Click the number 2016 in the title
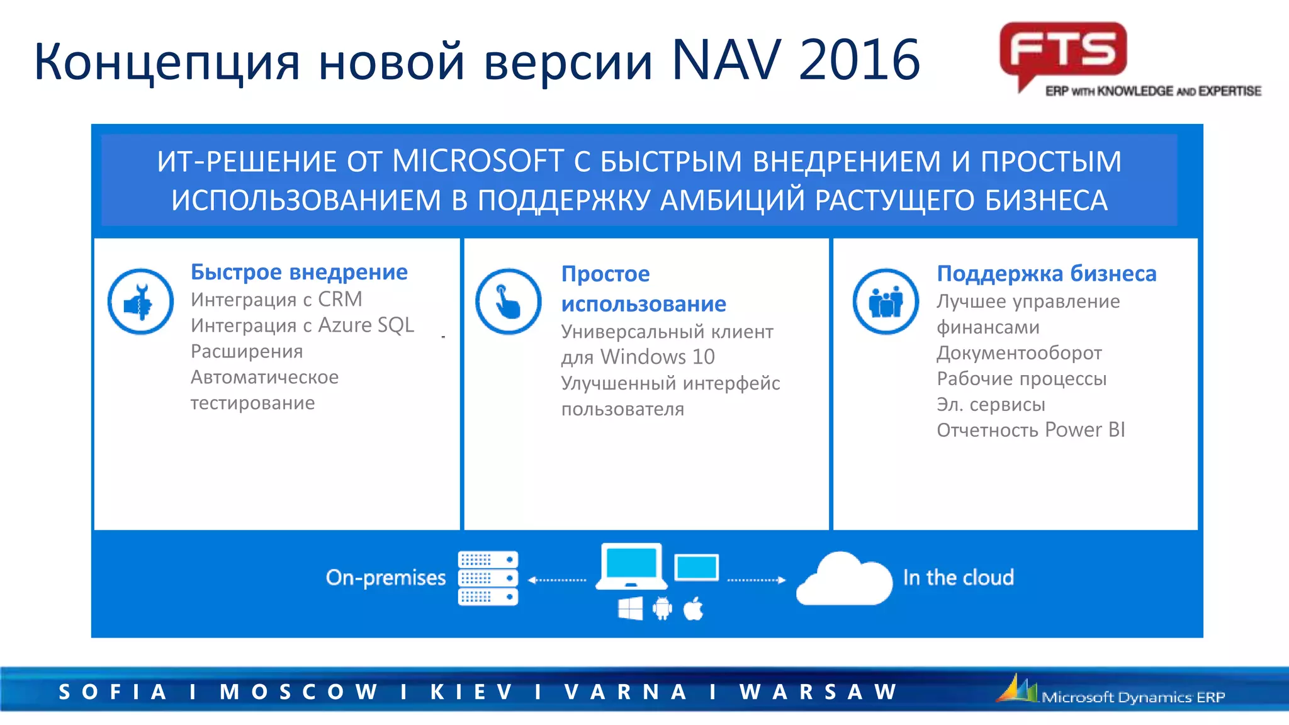[859, 60]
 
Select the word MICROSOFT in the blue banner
[478, 161]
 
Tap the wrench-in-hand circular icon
[140, 302]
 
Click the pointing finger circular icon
[508, 302]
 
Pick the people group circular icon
[886, 302]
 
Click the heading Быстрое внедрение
[299, 272]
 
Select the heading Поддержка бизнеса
[1046, 274]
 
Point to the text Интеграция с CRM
[276, 300]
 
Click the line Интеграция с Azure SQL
[302, 325]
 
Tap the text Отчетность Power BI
[1030, 430]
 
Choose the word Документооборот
[1019, 353]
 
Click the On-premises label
[385, 578]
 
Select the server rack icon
[488, 578]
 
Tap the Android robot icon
[662, 609]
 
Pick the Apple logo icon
[693, 609]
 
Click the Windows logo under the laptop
[630, 609]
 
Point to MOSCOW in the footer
[298, 692]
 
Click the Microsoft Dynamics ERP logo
[1112, 692]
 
